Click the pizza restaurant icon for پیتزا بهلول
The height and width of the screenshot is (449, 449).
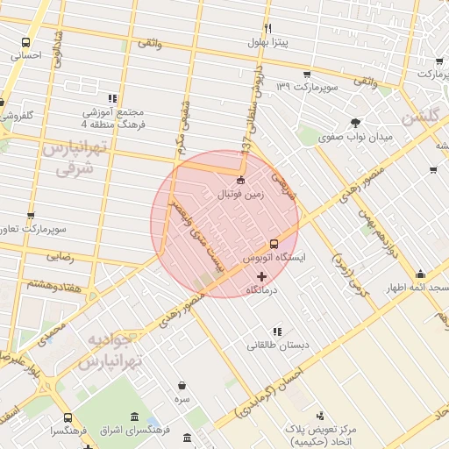(267, 28)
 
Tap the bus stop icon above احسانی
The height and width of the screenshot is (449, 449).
(25, 42)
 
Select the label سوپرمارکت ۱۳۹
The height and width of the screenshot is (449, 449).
(308, 87)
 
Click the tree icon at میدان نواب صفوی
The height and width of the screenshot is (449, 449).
(355, 123)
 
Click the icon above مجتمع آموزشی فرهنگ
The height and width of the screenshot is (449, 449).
(111, 98)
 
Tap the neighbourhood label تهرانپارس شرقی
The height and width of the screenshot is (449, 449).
(67, 157)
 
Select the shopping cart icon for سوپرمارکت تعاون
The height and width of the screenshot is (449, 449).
(32, 216)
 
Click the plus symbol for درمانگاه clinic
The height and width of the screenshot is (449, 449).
(261, 275)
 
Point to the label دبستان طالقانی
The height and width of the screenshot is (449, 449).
(277, 345)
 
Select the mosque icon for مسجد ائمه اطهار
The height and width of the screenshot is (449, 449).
(420, 274)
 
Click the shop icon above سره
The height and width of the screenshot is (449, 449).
(182, 385)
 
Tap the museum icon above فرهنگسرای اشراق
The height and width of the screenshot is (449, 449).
(133, 417)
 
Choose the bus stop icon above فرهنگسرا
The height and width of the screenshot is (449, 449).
(68, 417)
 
